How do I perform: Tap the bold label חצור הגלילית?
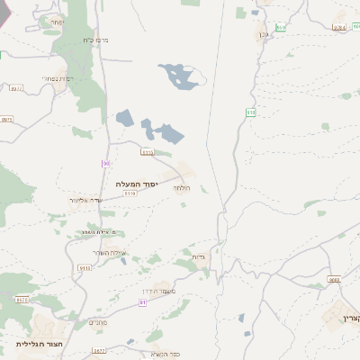click(x=38, y=344)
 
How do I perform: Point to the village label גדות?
click(x=199, y=257)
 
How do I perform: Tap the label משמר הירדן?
click(x=158, y=292)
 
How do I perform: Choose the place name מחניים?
click(x=98, y=321)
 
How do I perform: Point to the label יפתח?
click(x=57, y=21)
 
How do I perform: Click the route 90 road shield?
click(x=105, y=163)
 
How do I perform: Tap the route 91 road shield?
click(x=143, y=302)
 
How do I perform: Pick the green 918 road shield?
click(x=250, y=111)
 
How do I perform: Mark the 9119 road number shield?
click(x=129, y=193)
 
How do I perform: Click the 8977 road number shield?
click(x=15, y=88)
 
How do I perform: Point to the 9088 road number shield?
click(x=334, y=280)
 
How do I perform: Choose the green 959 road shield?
click(x=281, y=28)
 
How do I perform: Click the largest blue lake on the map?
click(x=178, y=76)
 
